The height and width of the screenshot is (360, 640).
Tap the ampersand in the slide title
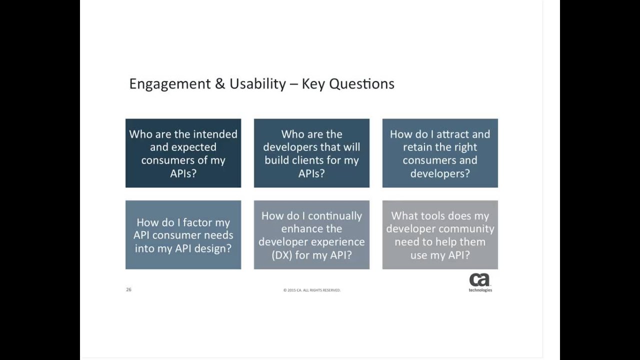(x=220, y=84)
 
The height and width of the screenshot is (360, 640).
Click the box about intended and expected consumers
(x=183, y=153)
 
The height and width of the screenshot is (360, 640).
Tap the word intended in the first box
(x=215, y=134)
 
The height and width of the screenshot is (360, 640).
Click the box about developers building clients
(x=311, y=153)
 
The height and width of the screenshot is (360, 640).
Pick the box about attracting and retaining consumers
(x=440, y=153)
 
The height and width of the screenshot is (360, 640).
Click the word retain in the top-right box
(x=417, y=147)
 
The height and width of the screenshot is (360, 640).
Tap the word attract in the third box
(x=450, y=134)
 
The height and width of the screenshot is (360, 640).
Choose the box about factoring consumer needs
(x=183, y=235)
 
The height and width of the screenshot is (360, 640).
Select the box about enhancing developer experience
(x=311, y=235)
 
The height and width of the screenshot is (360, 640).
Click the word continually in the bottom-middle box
(x=335, y=216)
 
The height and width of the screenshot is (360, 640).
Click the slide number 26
(x=128, y=289)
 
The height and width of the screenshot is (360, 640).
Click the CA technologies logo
(x=480, y=282)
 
